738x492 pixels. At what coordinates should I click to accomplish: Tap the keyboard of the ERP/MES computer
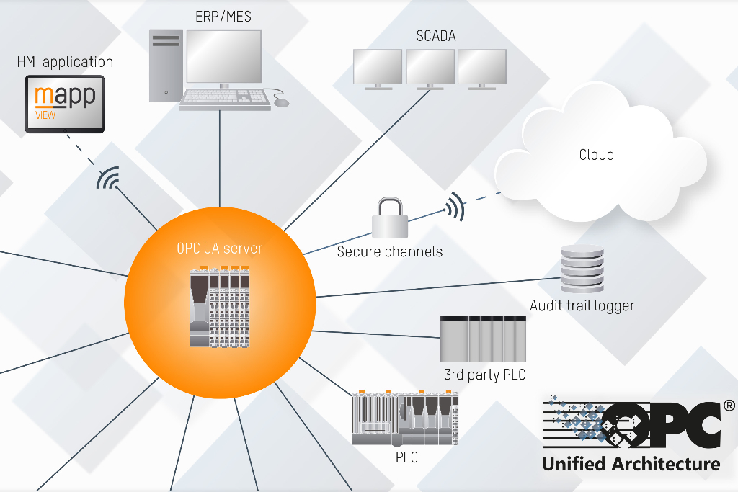[x=225, y=99]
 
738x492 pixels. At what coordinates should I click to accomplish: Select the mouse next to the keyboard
[x=281, y=102]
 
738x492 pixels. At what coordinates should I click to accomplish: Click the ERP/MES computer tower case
[x=166, y=65]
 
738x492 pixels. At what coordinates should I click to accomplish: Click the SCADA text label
[x=436, y=36]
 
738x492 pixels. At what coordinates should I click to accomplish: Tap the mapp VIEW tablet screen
[x=65, y=105]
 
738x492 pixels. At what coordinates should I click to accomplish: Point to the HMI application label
[x=65, y=62]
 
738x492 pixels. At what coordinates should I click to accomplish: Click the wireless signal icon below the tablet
[x=109, y=179]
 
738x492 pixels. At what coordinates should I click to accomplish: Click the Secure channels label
[x=390, y=252]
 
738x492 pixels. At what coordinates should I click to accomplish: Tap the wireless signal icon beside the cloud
[x=454, y=206]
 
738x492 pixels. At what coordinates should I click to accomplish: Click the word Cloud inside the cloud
[x=597, y=155]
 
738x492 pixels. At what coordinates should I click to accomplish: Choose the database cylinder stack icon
[x=582, y=268]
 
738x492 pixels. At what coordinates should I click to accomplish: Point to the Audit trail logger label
[x=582, y=305]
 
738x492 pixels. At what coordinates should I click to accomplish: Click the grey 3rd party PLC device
[x=483, y=338]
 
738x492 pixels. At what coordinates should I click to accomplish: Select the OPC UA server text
[x=220, y=249]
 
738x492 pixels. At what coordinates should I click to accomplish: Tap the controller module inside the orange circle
[x=220, y=307]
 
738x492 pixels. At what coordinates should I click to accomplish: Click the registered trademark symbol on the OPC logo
[x=729, y=406]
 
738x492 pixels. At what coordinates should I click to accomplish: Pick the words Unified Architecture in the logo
[x=631, y=463]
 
